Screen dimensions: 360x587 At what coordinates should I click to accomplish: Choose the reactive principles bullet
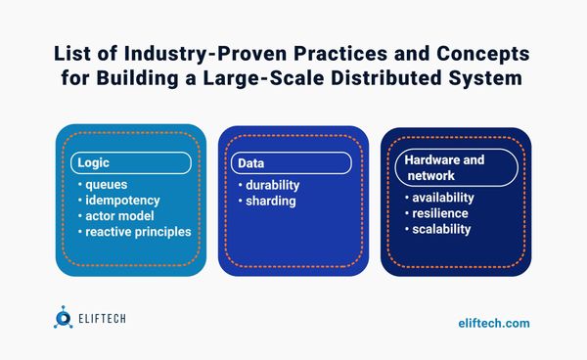coord(136,232)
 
